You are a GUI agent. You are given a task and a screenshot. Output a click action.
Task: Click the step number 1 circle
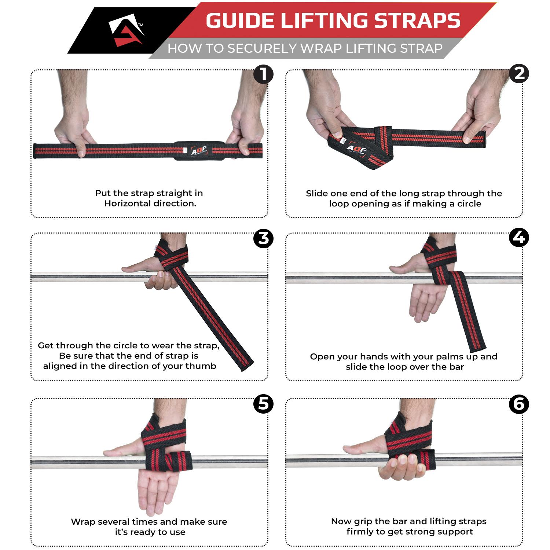click(264, 75)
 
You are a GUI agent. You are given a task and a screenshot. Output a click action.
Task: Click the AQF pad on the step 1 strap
click(192, 151)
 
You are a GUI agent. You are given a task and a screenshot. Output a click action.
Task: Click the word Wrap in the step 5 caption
click(83, 522)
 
